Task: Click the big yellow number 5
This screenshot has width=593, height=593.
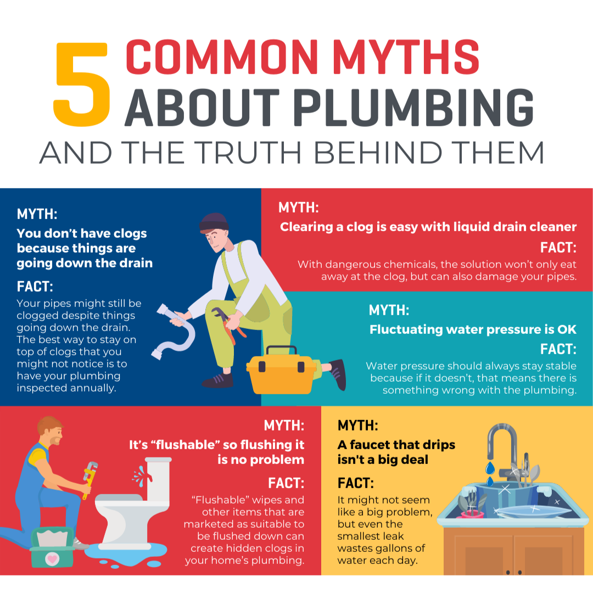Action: click(x=82, y=84)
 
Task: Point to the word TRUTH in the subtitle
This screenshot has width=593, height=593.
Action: click(x=250, y=153)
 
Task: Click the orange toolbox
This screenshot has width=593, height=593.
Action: click(x=281, y=370)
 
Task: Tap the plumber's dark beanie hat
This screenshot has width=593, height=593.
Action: click(x=214, y=222)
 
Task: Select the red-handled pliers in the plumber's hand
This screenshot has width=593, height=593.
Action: click(x=229, y=325)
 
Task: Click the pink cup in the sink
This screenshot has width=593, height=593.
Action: click(x=472, y=514)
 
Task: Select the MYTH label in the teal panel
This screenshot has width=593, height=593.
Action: click(x=389, y=310)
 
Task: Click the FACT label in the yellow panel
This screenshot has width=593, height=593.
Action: click(x=355, y=483)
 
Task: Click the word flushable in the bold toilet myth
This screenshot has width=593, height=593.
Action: click(x=186, y=445)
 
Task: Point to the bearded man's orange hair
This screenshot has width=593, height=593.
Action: click(x=48, y=423)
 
